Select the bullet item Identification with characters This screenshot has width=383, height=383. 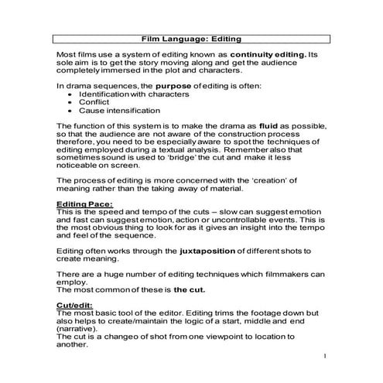133,94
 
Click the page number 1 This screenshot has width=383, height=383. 327,357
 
